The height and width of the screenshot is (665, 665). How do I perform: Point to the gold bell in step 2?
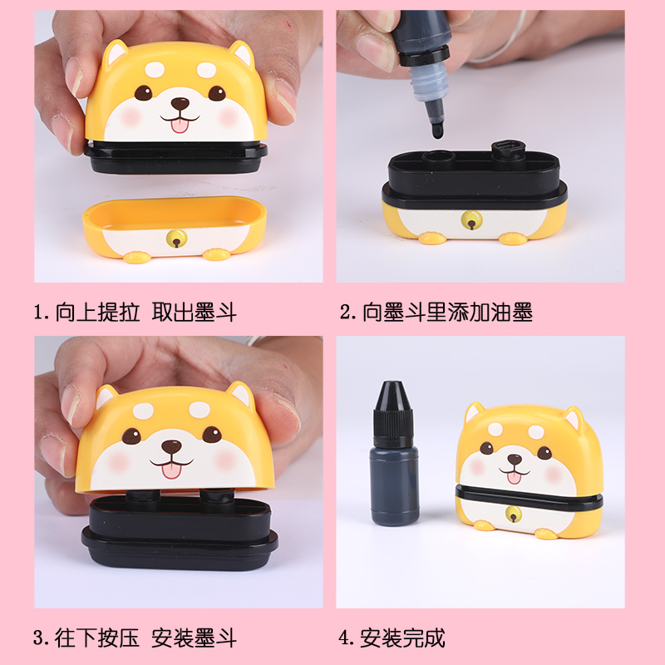[470, 220]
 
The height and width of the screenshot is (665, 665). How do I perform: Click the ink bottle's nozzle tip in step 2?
[436, 129]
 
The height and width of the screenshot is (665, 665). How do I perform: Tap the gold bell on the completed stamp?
[514, 513]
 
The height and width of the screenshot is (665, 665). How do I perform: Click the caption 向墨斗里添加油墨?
[447, 313]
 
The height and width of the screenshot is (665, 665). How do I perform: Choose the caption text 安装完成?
[403, 638]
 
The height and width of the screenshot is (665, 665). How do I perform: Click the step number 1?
[38, 313]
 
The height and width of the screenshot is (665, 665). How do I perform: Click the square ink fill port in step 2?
[507, 150]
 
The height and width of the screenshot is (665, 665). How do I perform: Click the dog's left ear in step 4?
[475, 412]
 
